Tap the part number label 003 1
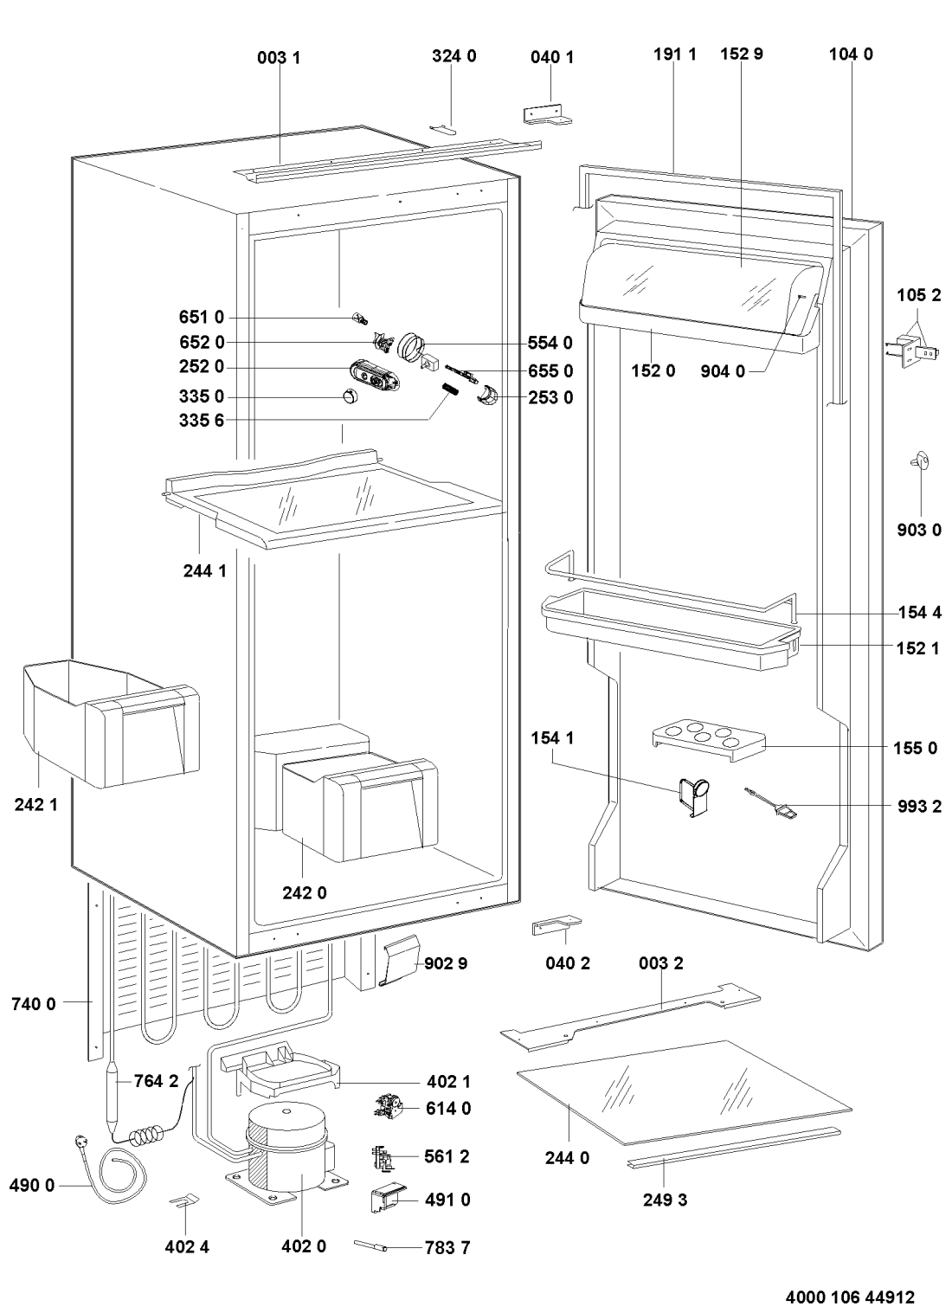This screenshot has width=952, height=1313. coord(279,58)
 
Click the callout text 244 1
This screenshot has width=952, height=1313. coord(204,570)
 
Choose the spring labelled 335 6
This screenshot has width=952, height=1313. coord(449,389)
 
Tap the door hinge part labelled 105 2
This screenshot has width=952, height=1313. coord(915,351)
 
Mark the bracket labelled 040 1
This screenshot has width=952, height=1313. coord(547,115)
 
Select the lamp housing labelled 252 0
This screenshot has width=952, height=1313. coord(375,375)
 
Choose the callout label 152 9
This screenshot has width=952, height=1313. coord(742,54)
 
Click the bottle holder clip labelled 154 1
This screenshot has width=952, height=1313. coord(693,796)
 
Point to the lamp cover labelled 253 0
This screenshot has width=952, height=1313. coord(488,395)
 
